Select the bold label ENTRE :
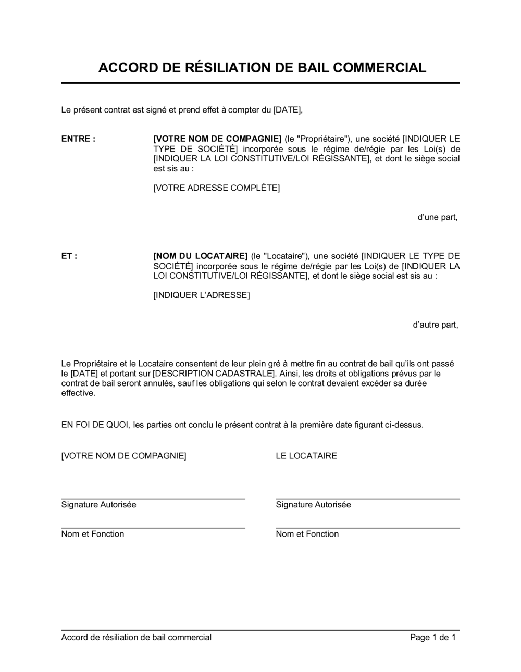pos(78,139)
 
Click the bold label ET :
pos(69,256)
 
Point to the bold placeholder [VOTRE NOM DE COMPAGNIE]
pos(217,139)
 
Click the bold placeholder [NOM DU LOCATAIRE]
pos(200,256)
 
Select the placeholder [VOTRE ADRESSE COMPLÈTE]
pos(216,188)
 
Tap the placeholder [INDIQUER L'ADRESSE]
pos(201,295)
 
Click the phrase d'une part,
pos(438,217)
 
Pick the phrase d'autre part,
pos(436,325)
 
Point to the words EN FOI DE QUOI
pos(95,425)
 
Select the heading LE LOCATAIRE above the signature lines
pos(306,456)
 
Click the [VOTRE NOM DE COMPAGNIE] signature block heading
pos(123,456)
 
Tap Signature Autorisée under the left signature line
pos(98,505)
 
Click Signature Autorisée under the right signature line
pos(313,505)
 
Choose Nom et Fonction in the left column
pos(93,534)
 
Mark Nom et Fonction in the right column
pos(307,534)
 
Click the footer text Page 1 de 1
pos(433,637)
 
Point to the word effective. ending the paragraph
pos(79,393)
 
